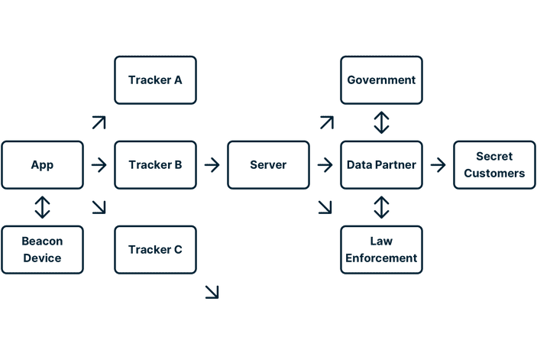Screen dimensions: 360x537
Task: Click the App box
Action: click(x=43, y=164)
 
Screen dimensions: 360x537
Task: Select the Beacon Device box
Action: click(x=43, y=249)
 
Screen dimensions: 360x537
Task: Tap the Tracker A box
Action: click(x=156, y=79)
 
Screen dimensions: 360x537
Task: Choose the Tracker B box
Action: click(x=156, y=164)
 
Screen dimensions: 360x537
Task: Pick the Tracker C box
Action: click(x=156, y=249)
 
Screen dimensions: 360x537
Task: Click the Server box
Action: click(x=269, y=164)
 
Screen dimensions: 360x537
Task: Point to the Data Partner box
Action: click(x=381, y=164)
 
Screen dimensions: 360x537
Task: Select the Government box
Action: click(x=381, y=79)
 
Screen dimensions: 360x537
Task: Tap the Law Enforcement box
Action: click(x=381, y=249)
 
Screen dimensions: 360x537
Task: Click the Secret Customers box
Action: click(x=494, y=164)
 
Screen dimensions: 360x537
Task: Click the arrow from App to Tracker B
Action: click(x=99, y=164)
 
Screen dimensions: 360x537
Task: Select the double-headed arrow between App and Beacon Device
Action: click(x=43, y=206)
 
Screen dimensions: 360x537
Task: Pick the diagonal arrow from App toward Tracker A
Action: click(x=99, y=122)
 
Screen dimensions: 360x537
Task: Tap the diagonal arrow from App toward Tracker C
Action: click(x=99, y=206)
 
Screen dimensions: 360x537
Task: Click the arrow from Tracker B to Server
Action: click(x=212, y=164)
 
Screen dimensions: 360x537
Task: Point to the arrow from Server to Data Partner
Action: click(x=325, y=164)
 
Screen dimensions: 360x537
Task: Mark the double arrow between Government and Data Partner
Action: click(x=381, y=122)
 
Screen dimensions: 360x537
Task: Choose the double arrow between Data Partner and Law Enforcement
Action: click(x=381, y=206)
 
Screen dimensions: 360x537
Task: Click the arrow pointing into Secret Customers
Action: click(x=438, y=164)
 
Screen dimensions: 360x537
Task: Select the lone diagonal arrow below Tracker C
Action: click(x=212, y=291)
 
